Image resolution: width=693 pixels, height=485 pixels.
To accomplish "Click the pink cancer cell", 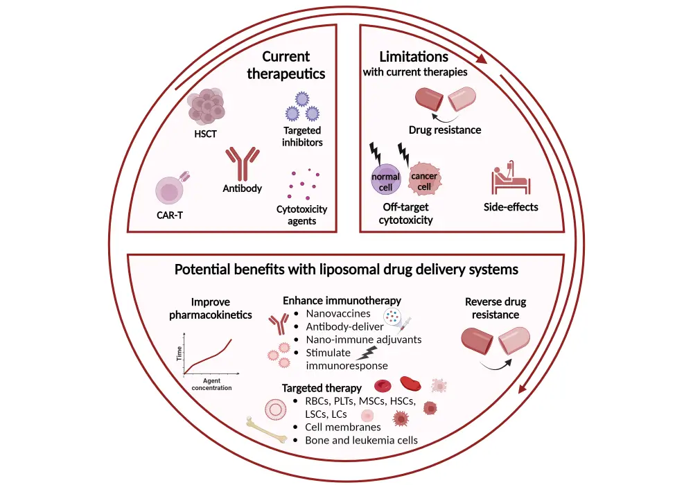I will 424,181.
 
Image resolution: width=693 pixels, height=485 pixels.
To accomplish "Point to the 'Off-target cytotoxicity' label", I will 406,214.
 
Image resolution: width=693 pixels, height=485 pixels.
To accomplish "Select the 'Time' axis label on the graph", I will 179,353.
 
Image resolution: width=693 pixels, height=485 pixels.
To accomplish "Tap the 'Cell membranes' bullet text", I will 343,427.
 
